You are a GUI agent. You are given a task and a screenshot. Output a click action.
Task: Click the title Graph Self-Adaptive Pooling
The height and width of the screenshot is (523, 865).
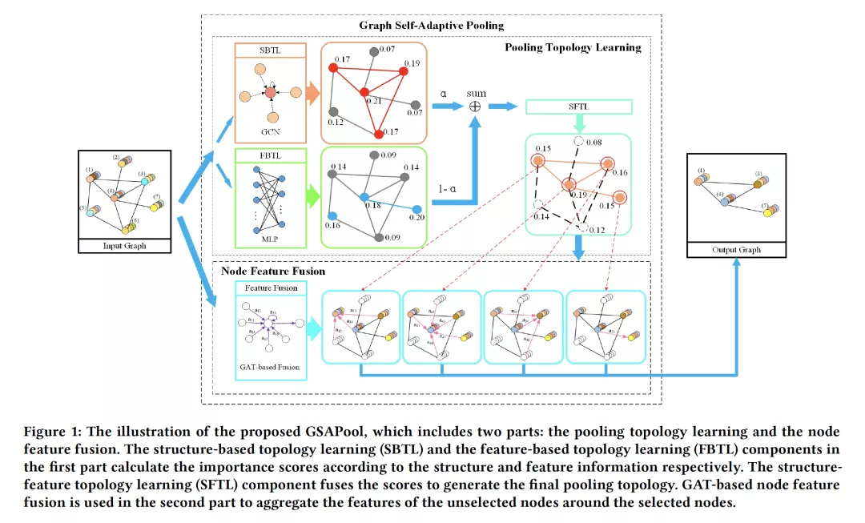point(432,26)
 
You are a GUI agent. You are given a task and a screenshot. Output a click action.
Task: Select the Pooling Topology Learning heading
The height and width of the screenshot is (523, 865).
point(573,47)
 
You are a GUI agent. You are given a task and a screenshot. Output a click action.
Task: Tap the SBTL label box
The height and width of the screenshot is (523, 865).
point(269,50)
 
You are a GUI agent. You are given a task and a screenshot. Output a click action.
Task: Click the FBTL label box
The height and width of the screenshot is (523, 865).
point(269,155)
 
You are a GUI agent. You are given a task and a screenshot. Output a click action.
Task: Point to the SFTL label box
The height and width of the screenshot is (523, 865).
point(578,107)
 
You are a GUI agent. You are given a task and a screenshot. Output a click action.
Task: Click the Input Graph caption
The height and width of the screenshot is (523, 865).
point(124,246)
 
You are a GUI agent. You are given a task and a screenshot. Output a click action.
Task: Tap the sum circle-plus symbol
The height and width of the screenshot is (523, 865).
point(476,106)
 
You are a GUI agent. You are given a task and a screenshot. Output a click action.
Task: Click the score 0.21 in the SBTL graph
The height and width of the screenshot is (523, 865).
point(373,101)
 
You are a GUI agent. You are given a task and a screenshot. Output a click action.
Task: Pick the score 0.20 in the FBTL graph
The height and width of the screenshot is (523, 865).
point(416,217)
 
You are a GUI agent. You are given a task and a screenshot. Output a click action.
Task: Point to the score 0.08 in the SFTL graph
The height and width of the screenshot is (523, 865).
point(593,143)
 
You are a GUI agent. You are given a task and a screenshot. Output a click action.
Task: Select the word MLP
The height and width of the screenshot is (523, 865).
point(270,239)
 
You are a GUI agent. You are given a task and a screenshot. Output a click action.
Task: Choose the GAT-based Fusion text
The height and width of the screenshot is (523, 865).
point(269,368)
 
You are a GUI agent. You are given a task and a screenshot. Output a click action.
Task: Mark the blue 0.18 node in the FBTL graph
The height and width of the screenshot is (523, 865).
point(364,196)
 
